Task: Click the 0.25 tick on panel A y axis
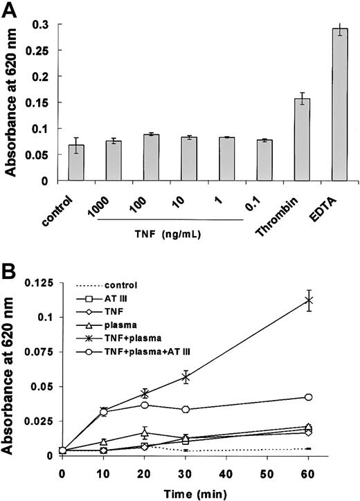[39, 49]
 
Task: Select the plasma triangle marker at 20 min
[144, 433]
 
